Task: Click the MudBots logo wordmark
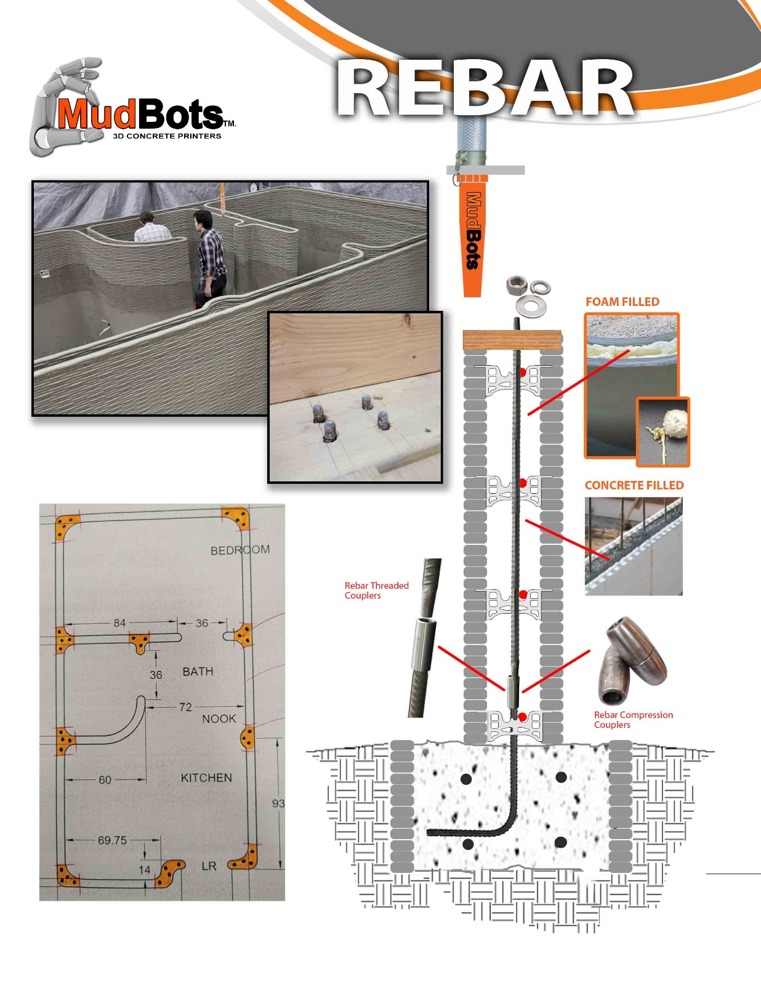coord(140,115)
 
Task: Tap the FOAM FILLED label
coord(622,302)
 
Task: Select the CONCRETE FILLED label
coord(634,485)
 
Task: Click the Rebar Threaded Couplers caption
coord(376,590)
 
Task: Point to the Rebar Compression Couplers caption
coord(633,720)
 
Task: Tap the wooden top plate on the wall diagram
coord(512,340)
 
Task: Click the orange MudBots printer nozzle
coord(472,234)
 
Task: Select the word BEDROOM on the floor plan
coord(240,550)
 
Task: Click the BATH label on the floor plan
coord(198,672)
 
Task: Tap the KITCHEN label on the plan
coord(206,778)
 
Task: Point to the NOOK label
coord(219,719)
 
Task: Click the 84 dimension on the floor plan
coord(119,623)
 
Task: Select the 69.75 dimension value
coord(112,840)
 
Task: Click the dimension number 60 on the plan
coord(105,780)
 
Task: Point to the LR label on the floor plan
coord(209,866)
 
